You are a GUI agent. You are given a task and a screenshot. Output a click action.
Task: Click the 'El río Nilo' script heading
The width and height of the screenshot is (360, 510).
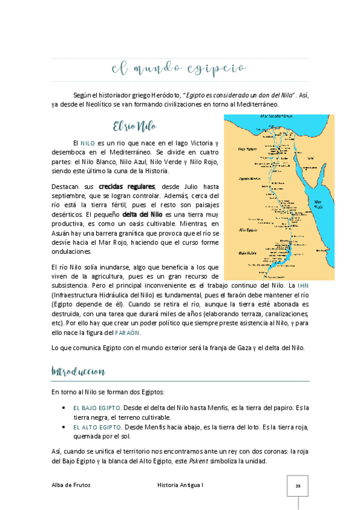point(136,127)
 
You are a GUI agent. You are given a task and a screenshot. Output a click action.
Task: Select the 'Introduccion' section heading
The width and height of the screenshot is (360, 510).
point(79,370)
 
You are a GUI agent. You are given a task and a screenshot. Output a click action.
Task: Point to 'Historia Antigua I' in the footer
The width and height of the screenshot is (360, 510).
point(180,485)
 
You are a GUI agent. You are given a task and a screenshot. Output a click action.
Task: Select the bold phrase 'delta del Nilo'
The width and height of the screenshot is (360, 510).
point(142,214)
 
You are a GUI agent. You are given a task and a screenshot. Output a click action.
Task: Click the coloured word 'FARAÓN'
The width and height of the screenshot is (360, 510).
point(124,333)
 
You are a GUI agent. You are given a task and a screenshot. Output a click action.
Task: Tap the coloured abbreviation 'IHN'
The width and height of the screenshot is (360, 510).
point(303,284)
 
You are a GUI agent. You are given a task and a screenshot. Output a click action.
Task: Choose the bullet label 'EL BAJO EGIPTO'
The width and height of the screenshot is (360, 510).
point(97,408)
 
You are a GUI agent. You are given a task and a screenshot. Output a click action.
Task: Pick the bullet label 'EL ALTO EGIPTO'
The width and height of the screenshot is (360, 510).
point(97,427)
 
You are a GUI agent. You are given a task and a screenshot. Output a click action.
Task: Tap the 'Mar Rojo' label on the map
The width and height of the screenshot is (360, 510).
point(319,204)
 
